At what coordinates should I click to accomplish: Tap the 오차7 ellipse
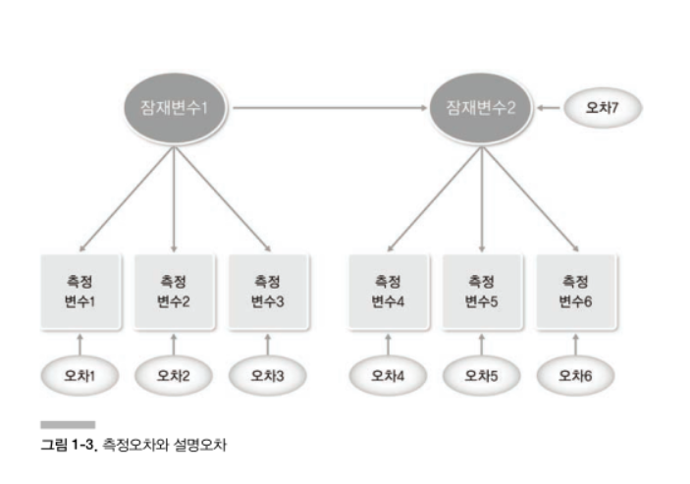point(601,107)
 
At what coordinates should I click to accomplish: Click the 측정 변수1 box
point(80,291)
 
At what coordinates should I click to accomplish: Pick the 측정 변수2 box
point(174,291)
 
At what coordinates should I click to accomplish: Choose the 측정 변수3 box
point(268,291)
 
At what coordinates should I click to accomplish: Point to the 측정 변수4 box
point(388,291)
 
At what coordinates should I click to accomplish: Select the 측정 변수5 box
point(482,291)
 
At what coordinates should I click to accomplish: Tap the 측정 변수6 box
point(576,291)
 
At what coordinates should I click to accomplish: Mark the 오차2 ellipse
point(174,374)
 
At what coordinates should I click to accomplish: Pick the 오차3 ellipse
point(268,374)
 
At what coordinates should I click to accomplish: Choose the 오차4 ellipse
point(388,374)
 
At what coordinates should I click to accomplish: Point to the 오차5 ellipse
point(482,374)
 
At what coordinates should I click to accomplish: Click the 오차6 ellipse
point(576,374)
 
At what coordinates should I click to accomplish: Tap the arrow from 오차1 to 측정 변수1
point(80,343)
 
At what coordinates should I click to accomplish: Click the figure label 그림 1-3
point(66,445)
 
